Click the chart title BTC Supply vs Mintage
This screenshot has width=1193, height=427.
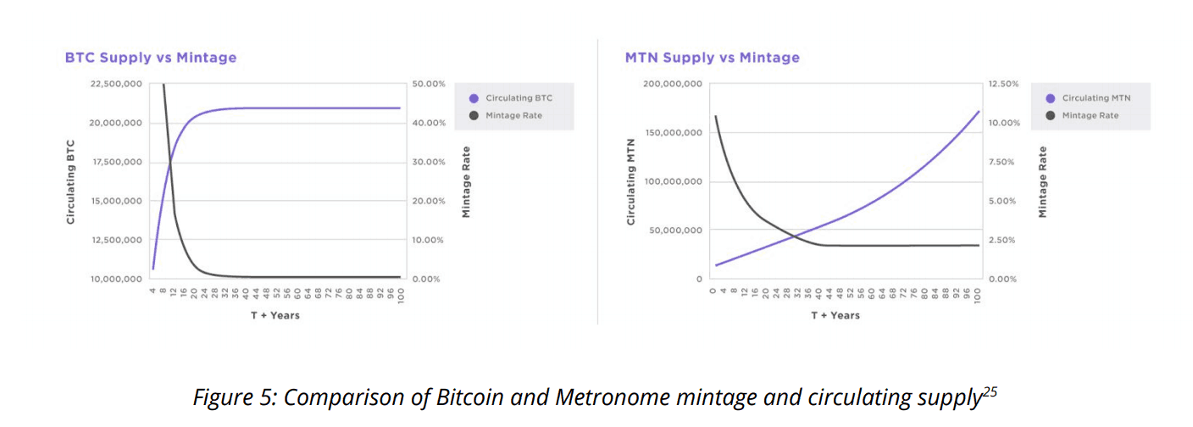click(x=151, y=58)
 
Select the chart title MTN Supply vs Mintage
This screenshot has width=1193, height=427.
click(x=712, y=58)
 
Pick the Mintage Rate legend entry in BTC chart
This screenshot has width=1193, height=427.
click(x=513, y=115)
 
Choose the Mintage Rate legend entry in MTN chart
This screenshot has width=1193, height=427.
click(x=1090, y=115)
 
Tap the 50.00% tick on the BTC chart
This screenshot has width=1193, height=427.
click(x=428, y=84)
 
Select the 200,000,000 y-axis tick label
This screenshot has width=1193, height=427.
click(x=673, y=84)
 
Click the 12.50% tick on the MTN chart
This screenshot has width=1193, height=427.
click(x=1003, y=84)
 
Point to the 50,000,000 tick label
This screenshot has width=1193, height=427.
click(x=675, y=230)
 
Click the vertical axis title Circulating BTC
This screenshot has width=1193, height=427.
click(x=71, y=181)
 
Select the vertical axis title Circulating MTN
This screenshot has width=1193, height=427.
click(x=630, y=181)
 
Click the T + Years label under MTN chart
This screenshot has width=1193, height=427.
click(x=835, y=315)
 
